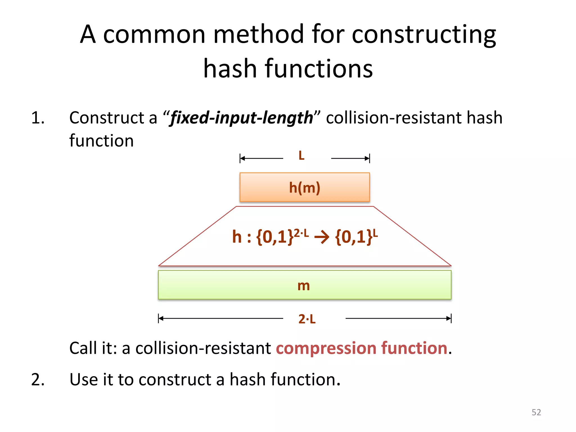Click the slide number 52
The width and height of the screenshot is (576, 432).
536,412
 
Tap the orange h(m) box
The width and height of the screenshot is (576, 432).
305,187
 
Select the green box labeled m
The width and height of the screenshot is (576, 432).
305,285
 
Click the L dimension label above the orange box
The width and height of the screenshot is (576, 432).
301,156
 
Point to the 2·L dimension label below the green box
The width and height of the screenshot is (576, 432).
307,319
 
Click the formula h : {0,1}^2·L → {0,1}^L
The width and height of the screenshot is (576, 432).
305,237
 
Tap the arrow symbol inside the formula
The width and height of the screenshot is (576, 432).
322,237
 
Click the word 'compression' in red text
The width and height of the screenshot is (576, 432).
326,348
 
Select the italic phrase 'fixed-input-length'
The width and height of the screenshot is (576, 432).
242,118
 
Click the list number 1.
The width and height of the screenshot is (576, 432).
38,118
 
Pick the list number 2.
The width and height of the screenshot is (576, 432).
38,379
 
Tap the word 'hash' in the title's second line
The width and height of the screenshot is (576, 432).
230,69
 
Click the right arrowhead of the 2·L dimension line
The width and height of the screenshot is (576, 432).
449,318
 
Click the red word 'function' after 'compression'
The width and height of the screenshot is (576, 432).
414,348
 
